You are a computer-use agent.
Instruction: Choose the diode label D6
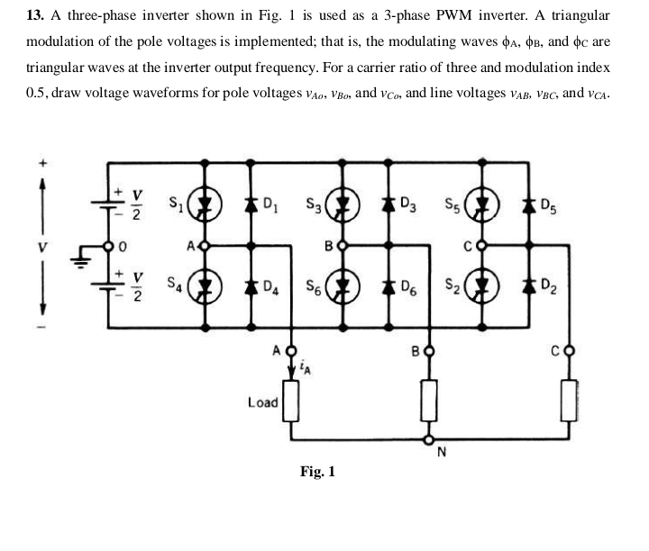[408, 290]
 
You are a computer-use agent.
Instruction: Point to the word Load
[262, 402]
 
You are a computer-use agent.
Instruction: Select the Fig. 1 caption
[317, 471]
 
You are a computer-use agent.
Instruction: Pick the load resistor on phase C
[569, 400]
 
